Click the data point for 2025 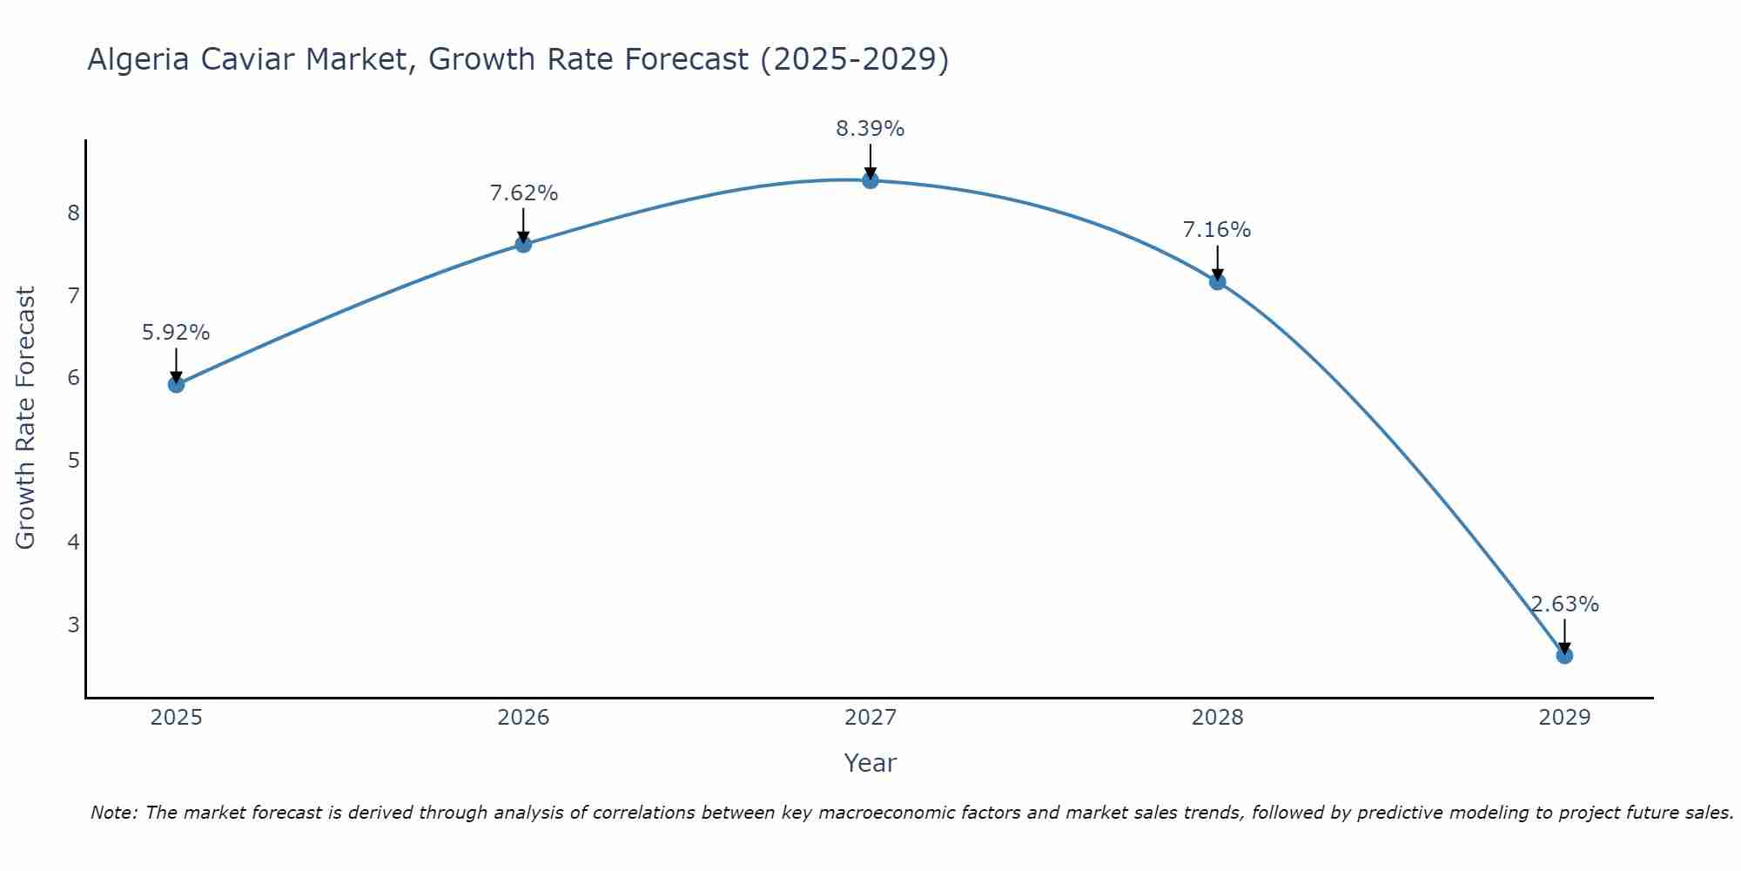(176, 384)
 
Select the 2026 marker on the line (523, 244)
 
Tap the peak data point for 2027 (870, 180)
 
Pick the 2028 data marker (1217, 281)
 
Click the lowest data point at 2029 (1564, 655)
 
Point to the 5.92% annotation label (176, 332)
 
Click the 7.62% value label (523, 192)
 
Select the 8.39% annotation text (870, 129)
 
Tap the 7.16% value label (1217, 230)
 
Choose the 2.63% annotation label (1564, 604)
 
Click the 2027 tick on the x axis (870, 718)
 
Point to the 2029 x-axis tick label (1564, 718)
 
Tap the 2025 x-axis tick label (176, 718)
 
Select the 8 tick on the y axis (73, 213)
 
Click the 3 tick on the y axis (73, 625)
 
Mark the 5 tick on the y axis (73, 460)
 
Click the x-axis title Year (870, 763)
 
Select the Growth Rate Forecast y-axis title (26, 418)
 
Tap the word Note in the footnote (113, 813)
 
